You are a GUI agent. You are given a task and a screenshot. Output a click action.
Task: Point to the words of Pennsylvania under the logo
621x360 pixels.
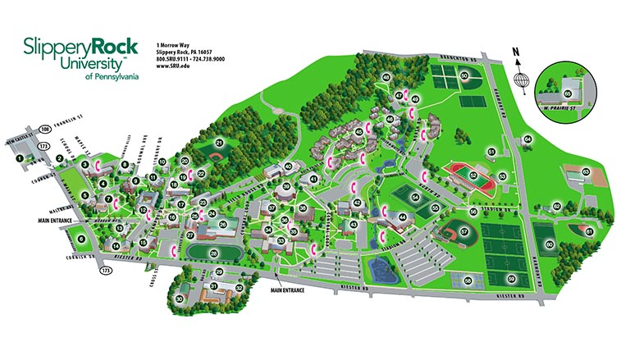tap(112, 75)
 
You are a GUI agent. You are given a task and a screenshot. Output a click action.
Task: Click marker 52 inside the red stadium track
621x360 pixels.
tap(473, 174)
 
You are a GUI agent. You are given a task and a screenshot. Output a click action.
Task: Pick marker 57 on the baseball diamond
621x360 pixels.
tap(463, 232)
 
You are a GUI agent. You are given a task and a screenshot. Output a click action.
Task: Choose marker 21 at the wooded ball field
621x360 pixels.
tap(218, 143)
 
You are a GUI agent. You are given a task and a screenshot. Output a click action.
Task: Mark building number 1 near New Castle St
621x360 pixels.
tap(20, 145)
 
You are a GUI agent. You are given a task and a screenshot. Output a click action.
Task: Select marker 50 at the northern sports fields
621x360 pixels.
tap(463, 76)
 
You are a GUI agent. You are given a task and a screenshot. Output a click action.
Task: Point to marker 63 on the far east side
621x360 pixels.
tap(586, 171)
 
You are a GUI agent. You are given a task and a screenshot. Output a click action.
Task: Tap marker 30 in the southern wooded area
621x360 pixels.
tap(179, 298)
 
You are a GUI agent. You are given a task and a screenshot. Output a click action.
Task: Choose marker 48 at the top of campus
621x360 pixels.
tap(386, 77)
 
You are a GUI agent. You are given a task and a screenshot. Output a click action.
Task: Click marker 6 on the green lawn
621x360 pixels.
tap(81, 239)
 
